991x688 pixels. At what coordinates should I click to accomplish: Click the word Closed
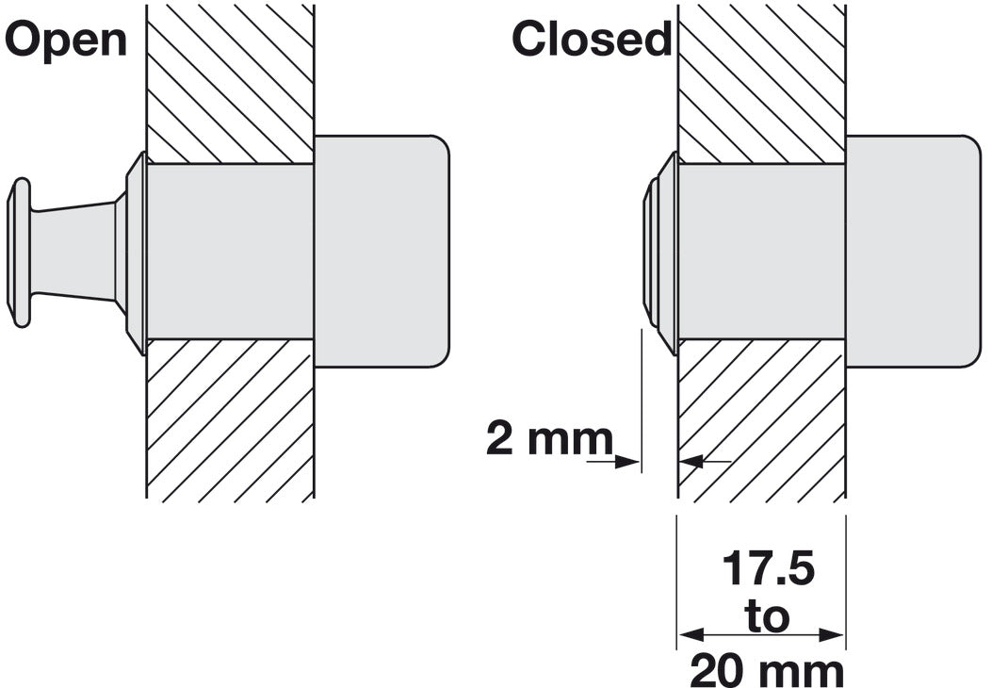(592, 39)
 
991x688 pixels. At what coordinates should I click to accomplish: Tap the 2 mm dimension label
(550, 438)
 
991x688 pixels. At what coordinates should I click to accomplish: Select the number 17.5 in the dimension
(768, 568)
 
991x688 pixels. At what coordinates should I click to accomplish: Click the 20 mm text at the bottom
(767, 670)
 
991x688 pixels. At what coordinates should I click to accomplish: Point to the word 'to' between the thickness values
(767, 616)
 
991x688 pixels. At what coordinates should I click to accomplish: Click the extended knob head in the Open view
(20, 253)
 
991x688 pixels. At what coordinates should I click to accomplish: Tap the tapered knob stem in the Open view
(73, 251)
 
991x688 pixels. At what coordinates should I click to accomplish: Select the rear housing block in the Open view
(382, 251)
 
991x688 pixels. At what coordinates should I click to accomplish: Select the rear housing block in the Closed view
(914, 251)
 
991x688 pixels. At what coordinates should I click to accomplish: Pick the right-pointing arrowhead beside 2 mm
(628, 462)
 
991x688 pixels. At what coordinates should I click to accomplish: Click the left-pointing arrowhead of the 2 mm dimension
(692, 462)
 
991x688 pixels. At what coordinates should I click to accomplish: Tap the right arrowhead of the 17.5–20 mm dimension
(833, 634)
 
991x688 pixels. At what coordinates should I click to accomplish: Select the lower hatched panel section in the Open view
(230, 420)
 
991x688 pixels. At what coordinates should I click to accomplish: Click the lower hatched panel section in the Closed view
(761, 420)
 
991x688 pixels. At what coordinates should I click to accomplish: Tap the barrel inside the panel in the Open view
(230, 252)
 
